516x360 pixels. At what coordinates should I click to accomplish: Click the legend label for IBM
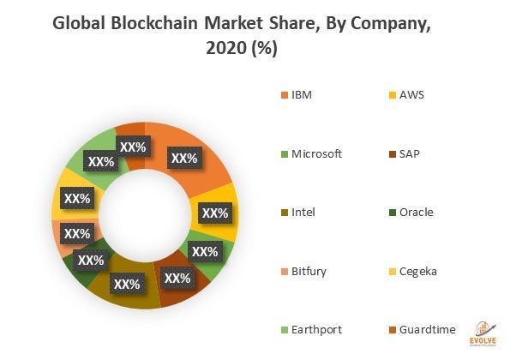302,94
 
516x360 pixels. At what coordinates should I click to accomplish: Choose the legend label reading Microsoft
316,153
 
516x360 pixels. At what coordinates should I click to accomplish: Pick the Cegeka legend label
417,272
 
